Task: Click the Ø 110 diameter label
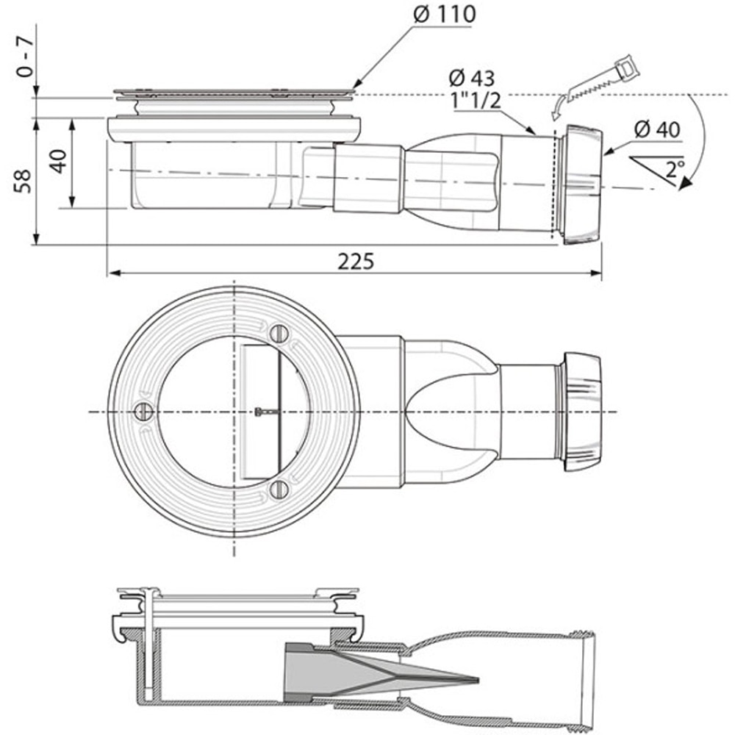pyautogui.click(x=445, y=14)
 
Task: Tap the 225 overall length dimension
pyautogui.click(x=356, y=261)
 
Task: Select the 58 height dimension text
pyautogui.click(x=24, y=181)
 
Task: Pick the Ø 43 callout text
pyautogui.click(x=471, y=78)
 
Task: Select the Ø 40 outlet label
pyautogui.click(x=656, y=130)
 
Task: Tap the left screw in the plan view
pyautogui.click(x=143, y=412)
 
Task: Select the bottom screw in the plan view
pyautogui.click(x=277, y=489)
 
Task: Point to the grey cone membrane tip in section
pyautogui.click(x=470, y=680)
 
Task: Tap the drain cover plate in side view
pyautogui.click(x=234, y=93)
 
